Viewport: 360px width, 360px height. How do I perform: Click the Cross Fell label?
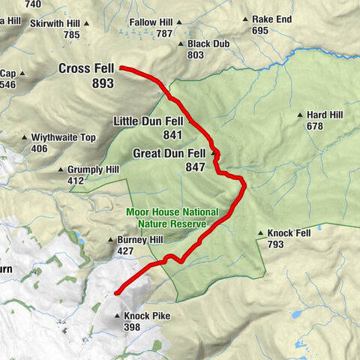[x=87, y=69]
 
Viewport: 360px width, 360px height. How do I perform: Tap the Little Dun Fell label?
[x=148, y=121]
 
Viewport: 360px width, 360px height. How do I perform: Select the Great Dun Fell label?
[x=169, y=154]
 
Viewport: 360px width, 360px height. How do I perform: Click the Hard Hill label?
[x=325, y=115]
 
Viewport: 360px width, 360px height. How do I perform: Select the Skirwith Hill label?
[x=55, y=24]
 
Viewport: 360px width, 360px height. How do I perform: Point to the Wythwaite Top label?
[x=63, y=138]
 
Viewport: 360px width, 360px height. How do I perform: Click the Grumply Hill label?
[x=93, y=170]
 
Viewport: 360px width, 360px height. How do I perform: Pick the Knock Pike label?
[x=146, y=316]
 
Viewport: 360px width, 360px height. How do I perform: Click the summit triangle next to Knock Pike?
[x=118, y=316]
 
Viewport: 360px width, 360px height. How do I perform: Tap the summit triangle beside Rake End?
[x=246, y=20]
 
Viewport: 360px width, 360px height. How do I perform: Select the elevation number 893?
[x=103, y=83]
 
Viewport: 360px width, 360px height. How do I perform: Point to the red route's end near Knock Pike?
[x=115, y=292]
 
